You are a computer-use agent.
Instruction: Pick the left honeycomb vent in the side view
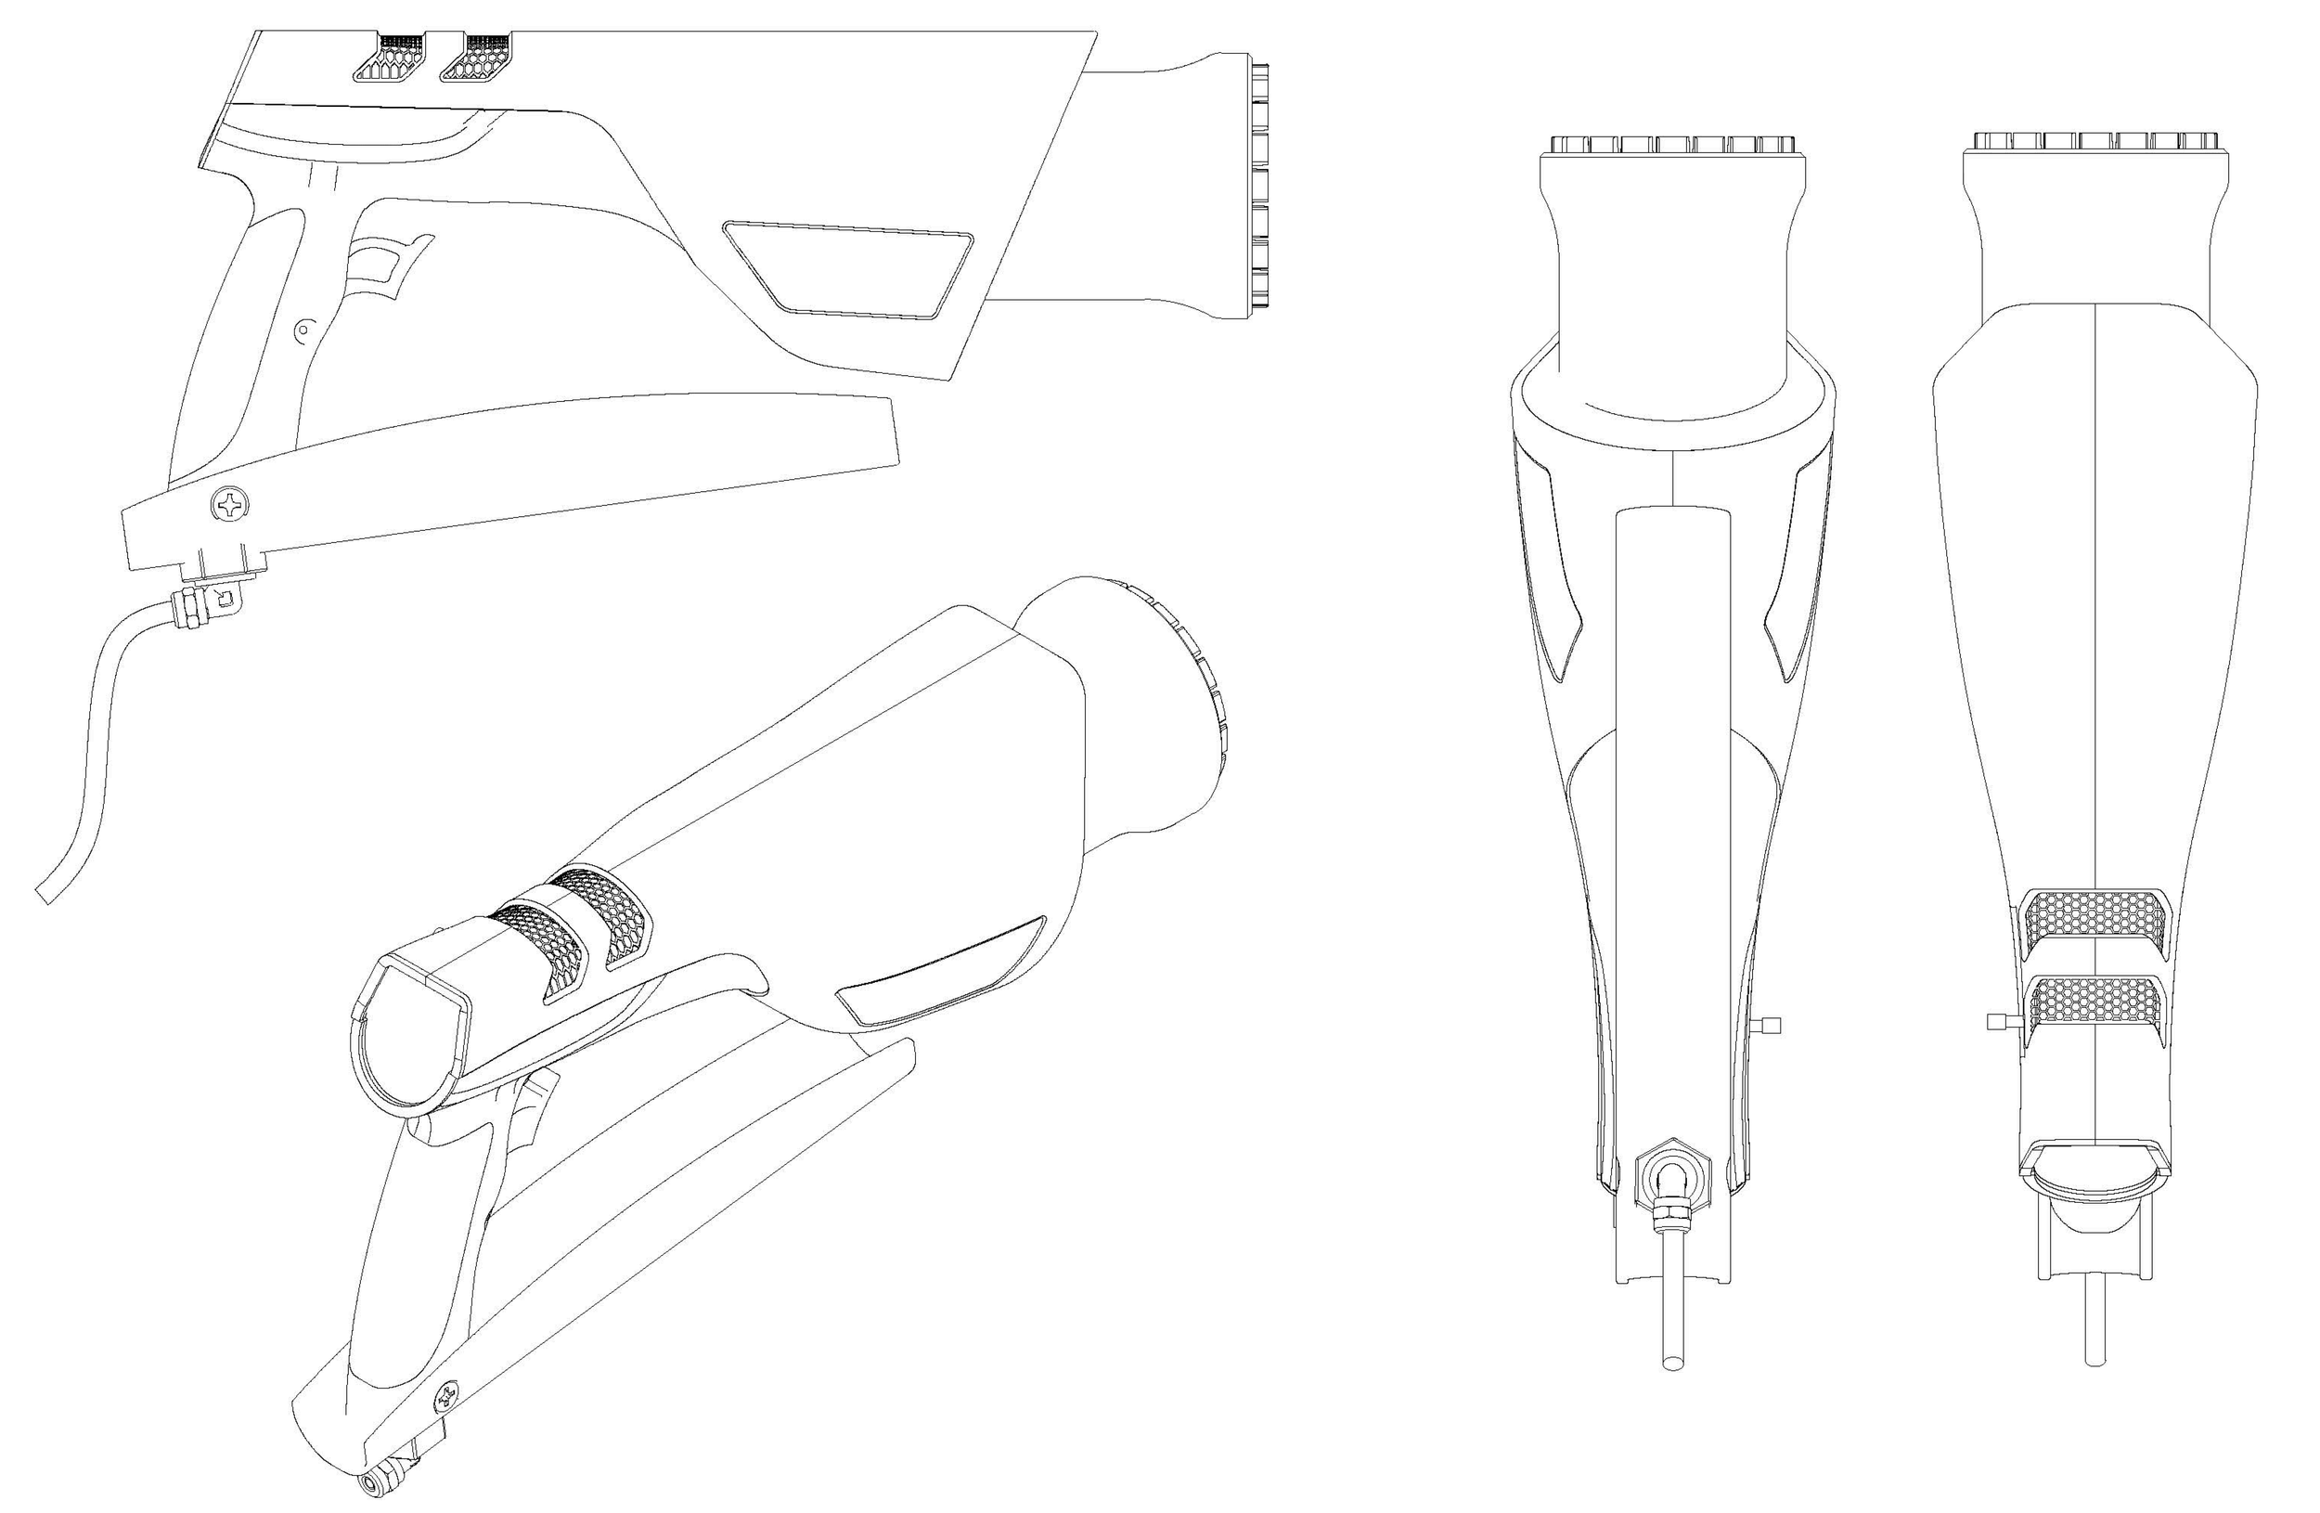click(x=389, y=60)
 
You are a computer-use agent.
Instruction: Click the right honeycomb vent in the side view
click(x=477, y=59)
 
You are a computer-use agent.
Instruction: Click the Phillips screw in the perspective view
click(x=448, y=1396)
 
